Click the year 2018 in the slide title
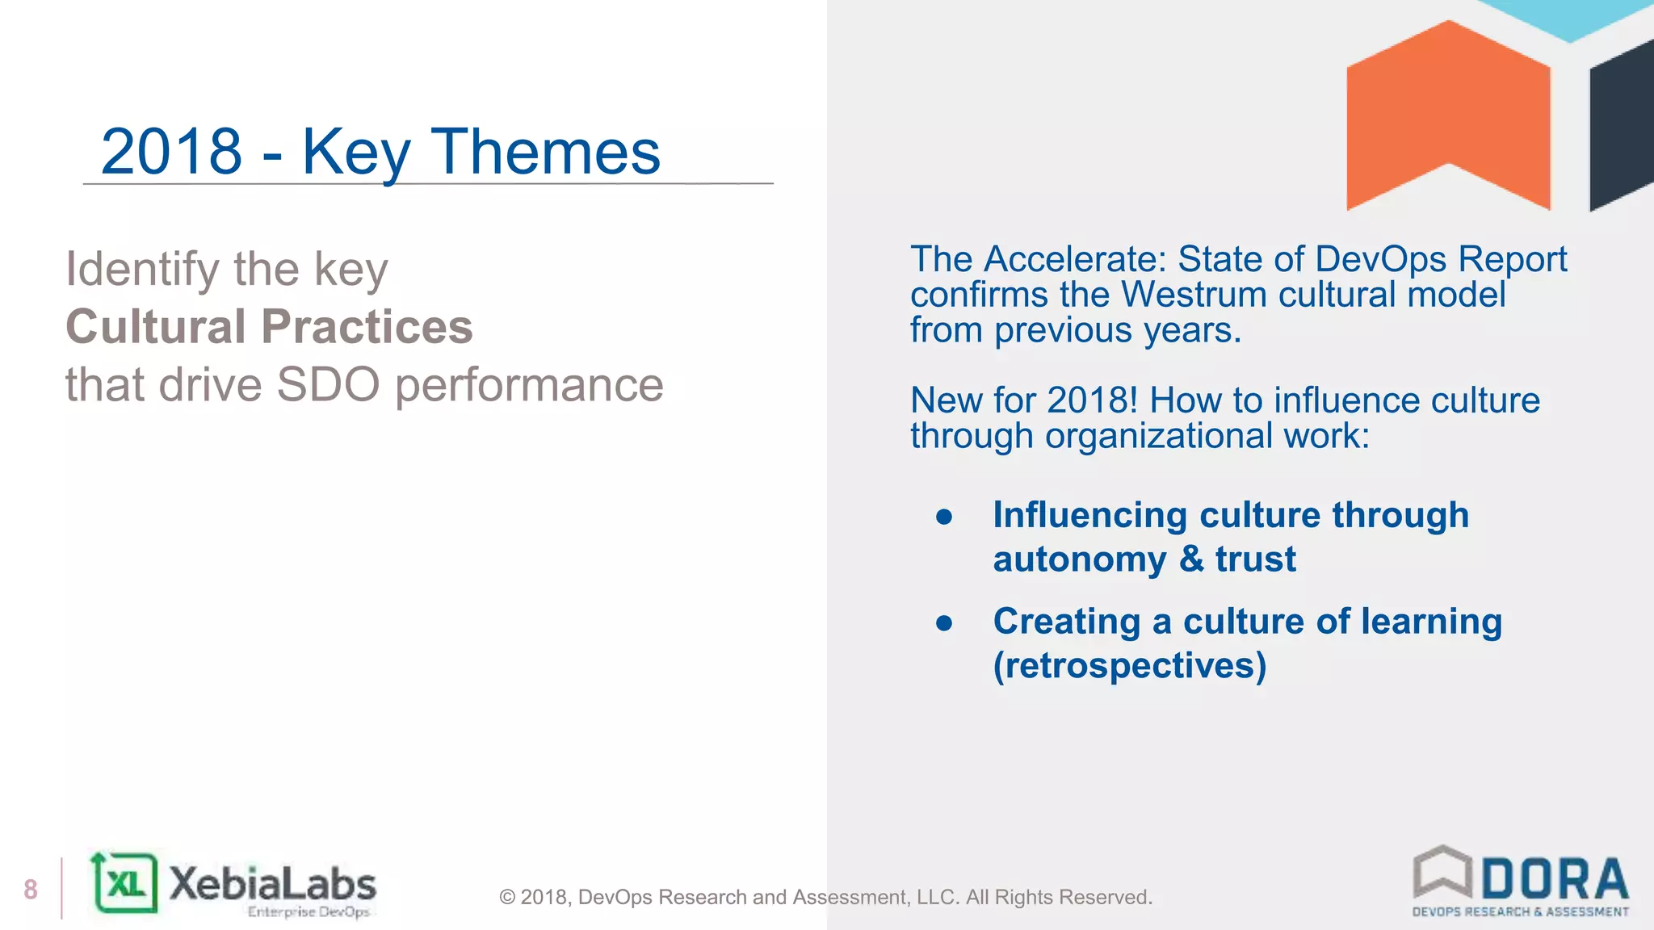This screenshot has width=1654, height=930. point(171,152)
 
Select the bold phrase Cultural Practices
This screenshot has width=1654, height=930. point(269,327)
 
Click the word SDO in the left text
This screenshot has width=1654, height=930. point(328,385)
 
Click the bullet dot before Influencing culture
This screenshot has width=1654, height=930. point(944,517)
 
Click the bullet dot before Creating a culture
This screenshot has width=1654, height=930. point(944,623)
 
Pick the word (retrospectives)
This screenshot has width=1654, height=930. point(1129,666)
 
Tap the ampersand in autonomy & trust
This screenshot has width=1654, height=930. point(1191,559)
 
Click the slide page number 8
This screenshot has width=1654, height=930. point(31,890)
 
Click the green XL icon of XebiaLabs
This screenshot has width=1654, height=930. point(125,884)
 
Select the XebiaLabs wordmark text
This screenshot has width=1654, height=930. point(272,883)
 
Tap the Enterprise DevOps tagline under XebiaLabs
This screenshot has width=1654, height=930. point(309,912)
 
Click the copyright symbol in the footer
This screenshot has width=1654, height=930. point(507,898)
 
